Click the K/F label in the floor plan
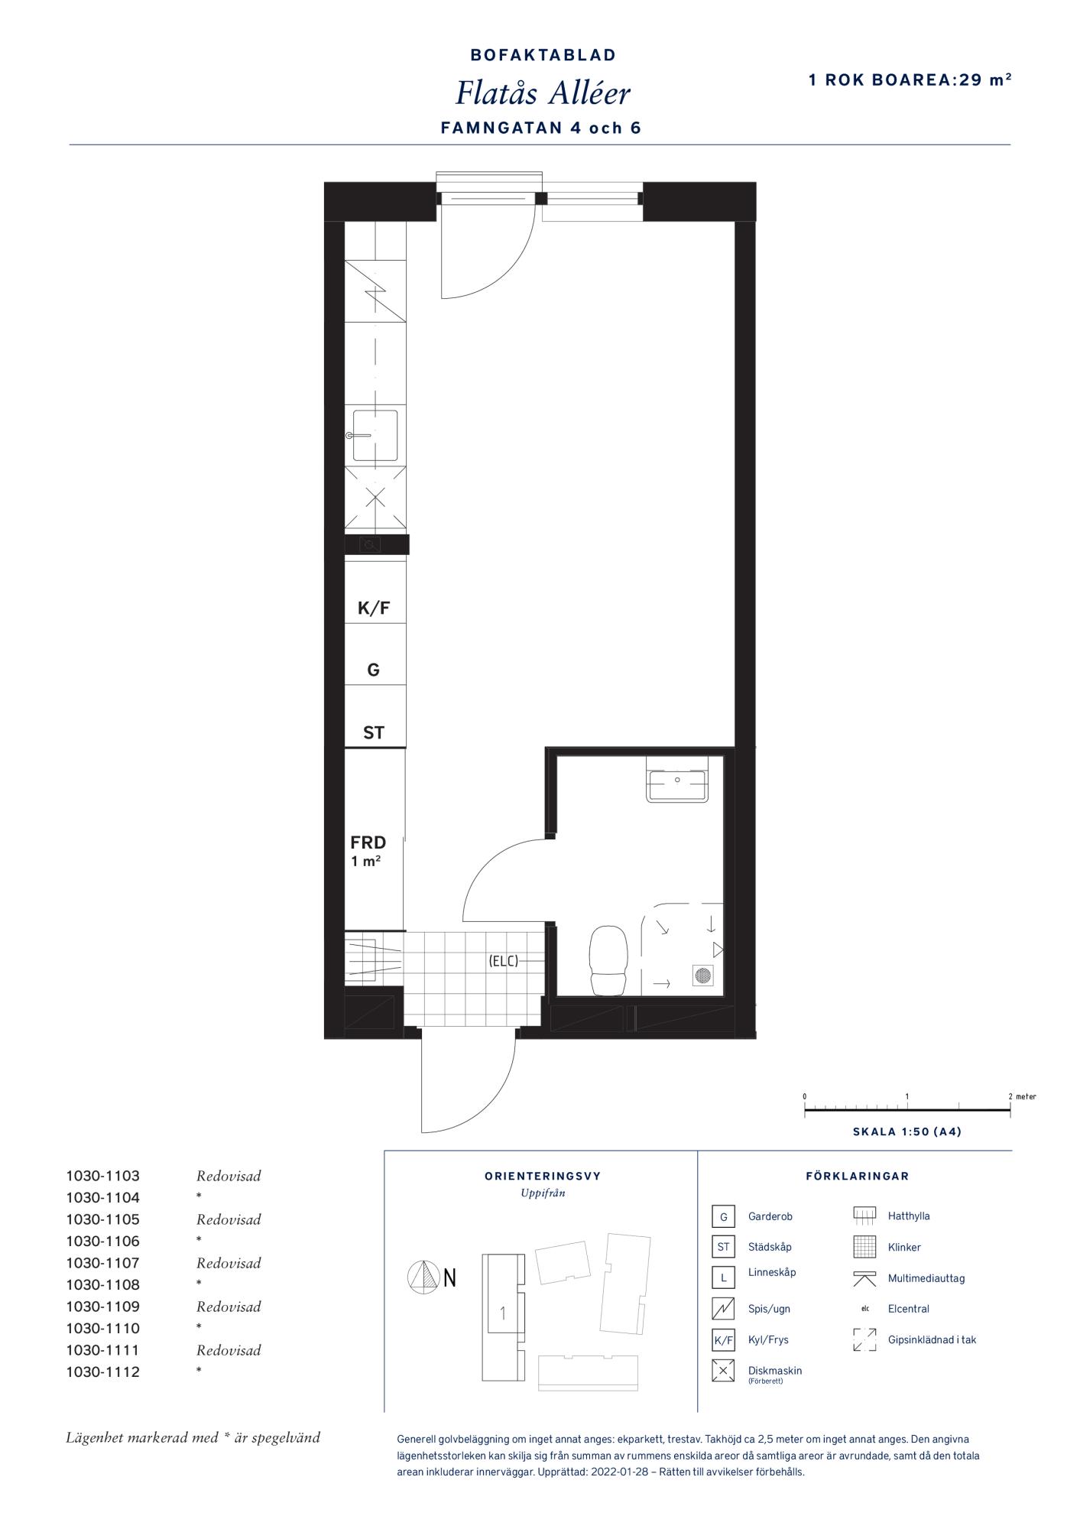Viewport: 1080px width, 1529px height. (x=374, y=609)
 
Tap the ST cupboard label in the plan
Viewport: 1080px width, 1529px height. (x=374, y=733)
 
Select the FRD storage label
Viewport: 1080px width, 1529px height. (x=368, y=842)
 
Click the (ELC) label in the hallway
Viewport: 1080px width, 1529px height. (x=504, y=961)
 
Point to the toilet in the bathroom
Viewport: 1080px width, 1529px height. (x=608, y=960)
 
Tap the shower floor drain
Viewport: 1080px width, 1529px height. (x=702, y=975)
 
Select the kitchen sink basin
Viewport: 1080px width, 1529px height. (x=375, y=436)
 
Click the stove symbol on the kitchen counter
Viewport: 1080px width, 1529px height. (x=375, y=291)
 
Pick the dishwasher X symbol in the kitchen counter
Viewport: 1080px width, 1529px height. (x=375, y=498)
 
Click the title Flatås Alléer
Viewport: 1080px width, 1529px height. (x=543, y=93)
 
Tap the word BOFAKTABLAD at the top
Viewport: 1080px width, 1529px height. (x=543, y=55)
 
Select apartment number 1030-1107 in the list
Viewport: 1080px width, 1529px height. (x=103, y=1263)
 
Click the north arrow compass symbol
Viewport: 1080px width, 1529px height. (x=421, y=1277)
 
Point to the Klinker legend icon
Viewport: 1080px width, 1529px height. (x=864, y=1247)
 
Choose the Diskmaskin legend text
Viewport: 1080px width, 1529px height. (x=775, y=1371)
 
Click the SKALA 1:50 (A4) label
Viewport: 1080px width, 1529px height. (x=907, y=1132)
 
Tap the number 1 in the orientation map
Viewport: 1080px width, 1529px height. (x=503, y=1313)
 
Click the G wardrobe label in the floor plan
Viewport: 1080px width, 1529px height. (x=374, y=670)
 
